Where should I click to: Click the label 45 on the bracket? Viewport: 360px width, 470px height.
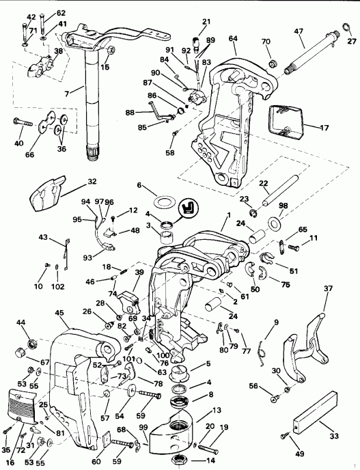coord(61,314)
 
